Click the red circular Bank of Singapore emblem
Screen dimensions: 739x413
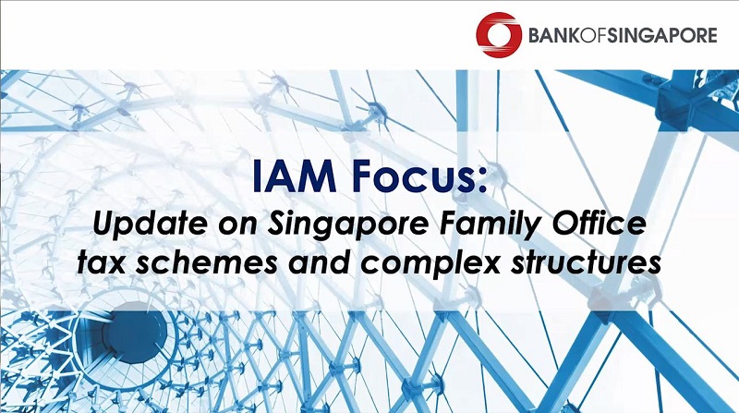tap(499, 35)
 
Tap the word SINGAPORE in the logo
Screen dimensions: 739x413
tap(661, 36)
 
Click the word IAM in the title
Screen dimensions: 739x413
tap(295, 176)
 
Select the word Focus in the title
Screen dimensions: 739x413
tap(411, 176)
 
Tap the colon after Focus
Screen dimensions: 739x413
tap(480, 181)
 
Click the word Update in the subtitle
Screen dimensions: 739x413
tap(149, 225)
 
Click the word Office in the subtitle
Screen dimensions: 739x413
tap(598, 224)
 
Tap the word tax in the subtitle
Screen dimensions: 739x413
tap(101, 263)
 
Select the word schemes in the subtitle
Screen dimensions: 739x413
tap(206, 262)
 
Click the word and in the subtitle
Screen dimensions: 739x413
tap(319, 262)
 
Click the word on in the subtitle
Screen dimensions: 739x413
tap(236, 227)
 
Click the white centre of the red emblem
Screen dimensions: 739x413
tap(499, 35)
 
